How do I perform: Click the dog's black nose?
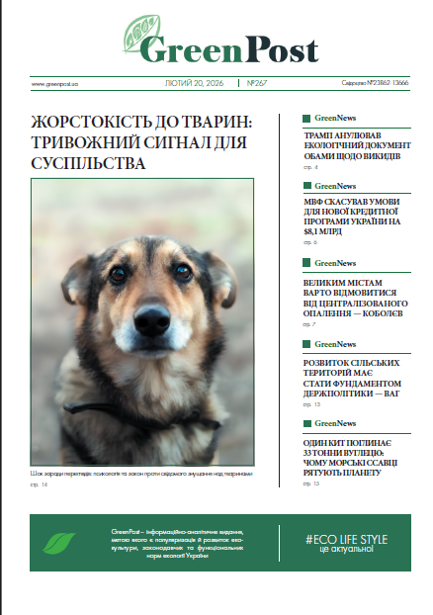point(152,318)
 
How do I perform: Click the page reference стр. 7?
point(308,324)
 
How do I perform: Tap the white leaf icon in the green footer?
point(61,542)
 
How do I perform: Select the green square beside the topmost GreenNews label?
point(306,117)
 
